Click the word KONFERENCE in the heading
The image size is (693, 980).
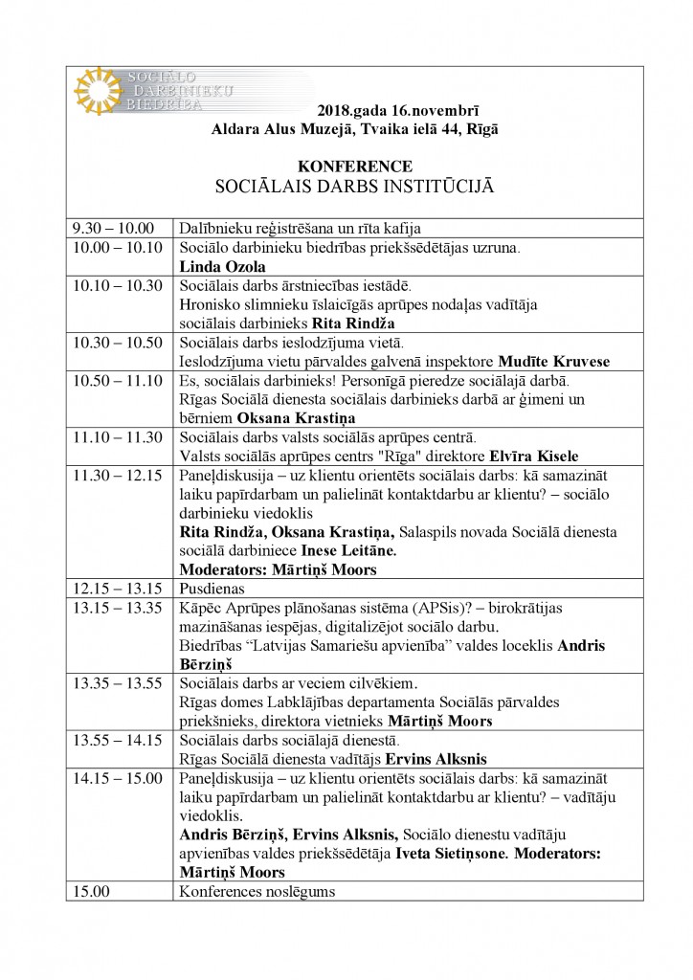tap(355, 166)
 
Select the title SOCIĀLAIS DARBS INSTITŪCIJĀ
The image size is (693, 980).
tap(355, 186)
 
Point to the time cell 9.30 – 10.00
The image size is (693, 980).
tap(113, 228)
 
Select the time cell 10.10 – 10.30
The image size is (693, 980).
tap(118, 285)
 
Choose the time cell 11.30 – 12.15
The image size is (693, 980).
tap(118, 476)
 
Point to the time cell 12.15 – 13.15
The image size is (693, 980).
tap(118, 589)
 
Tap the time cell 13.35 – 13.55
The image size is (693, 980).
tap(118, 683)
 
